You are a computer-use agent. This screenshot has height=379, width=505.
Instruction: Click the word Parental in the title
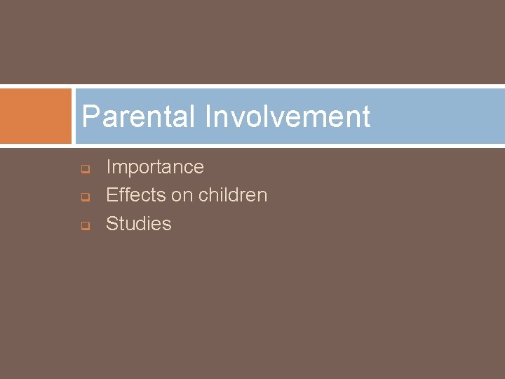(137, 117)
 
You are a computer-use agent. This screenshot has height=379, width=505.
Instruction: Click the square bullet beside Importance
(83, 169)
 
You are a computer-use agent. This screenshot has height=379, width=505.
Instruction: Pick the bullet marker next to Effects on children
(83, 197)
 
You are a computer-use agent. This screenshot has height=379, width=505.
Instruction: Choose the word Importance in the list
(154, 167)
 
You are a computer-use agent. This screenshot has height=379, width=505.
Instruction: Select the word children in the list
(232, 195)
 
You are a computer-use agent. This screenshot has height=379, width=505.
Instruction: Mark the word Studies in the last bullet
(138, 224)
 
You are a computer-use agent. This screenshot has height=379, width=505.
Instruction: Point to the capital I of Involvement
(208, 117)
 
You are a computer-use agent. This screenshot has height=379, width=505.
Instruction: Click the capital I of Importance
(109, 167)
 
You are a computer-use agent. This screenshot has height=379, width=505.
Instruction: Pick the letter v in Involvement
(233, 118)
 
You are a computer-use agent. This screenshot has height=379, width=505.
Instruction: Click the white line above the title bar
(281, 87)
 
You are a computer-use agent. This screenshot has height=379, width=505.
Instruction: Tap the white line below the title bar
(281, 145)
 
